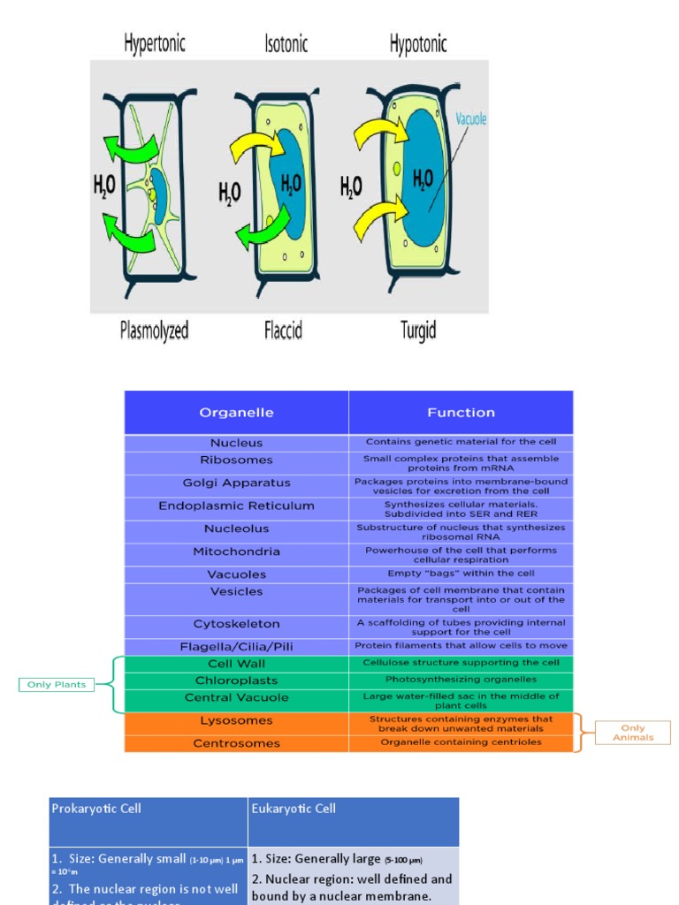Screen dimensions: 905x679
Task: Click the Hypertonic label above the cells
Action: (155, 43)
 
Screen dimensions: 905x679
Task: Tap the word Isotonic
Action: (286, 43)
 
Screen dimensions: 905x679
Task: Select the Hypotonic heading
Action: (418, 43)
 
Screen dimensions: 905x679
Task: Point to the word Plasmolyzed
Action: (154, 331)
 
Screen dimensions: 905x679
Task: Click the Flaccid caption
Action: (283, 331)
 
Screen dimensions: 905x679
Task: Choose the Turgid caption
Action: (418, 331)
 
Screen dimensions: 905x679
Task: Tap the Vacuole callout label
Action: (471, 118)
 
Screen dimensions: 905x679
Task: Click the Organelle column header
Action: (236, 412)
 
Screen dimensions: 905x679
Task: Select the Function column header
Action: (461, 412)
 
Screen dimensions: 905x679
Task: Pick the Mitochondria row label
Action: (236, 551)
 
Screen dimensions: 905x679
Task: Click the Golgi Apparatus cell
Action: (236, 483)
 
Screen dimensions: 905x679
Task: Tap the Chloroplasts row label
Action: (236, 681)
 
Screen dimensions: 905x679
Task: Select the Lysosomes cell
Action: (236, 720)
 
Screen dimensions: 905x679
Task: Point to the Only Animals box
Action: (632, 733)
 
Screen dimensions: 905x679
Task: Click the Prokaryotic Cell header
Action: (96, 809)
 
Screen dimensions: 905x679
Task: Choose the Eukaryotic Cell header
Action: (294, 809)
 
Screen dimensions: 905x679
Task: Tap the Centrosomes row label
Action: (236, 743)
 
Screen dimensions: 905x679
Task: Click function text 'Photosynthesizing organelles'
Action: (461, 680)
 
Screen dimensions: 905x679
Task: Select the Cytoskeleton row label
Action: (236, 623)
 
